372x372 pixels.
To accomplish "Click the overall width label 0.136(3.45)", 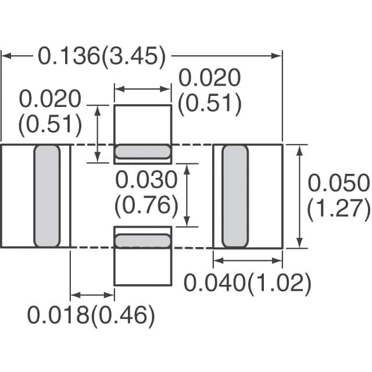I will pos(102,57).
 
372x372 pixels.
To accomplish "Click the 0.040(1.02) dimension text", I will pos(248,284).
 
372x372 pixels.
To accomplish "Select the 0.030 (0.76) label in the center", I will pos(146,193).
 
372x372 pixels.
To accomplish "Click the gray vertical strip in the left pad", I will pos(47,196).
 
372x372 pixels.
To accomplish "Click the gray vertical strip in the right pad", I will pos(235,196).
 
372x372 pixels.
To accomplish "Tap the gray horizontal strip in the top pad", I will pos(142,152).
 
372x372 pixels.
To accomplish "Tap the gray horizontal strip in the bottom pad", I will pos(142,240).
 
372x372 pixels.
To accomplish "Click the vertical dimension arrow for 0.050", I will pos(300,196).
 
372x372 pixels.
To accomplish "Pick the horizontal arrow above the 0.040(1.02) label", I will pos(248,260).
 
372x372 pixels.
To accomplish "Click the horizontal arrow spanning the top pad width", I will pos(142,89).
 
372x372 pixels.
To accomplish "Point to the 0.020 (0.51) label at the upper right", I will pos(209,90).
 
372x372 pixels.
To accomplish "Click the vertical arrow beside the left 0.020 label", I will pos(98,134).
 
